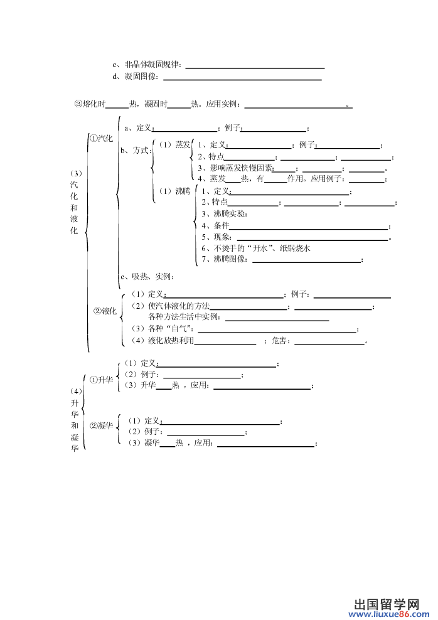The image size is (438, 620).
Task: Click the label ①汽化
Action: click(x=101, y=139)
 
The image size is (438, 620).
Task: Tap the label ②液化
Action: click(x=105, y=311)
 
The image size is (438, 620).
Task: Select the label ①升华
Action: click(x=102, y=380)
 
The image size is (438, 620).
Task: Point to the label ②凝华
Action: click(x=102, y=426)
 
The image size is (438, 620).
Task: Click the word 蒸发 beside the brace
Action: click(x=183, y=145)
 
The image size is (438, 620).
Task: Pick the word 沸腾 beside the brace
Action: click(x=183, y=191)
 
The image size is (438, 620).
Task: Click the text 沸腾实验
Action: click(x=230, y=214)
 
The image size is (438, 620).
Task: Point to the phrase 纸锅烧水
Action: click(x=295, y=249)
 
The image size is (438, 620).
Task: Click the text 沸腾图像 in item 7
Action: click(x=230, y=259)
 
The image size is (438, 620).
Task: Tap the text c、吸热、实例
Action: click(x=147, y=276)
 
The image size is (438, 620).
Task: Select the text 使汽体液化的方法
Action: click(x=179, y=306)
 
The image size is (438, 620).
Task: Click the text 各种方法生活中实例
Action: click(x=183, y=317)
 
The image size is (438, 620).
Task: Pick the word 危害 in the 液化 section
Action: click(x=279, y=341)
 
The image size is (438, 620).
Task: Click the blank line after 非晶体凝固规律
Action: click(x=255, y=68)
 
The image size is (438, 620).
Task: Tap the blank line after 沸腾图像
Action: click(x=306, y=262)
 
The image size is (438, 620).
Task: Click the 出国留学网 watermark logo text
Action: click(x=386, y=604)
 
